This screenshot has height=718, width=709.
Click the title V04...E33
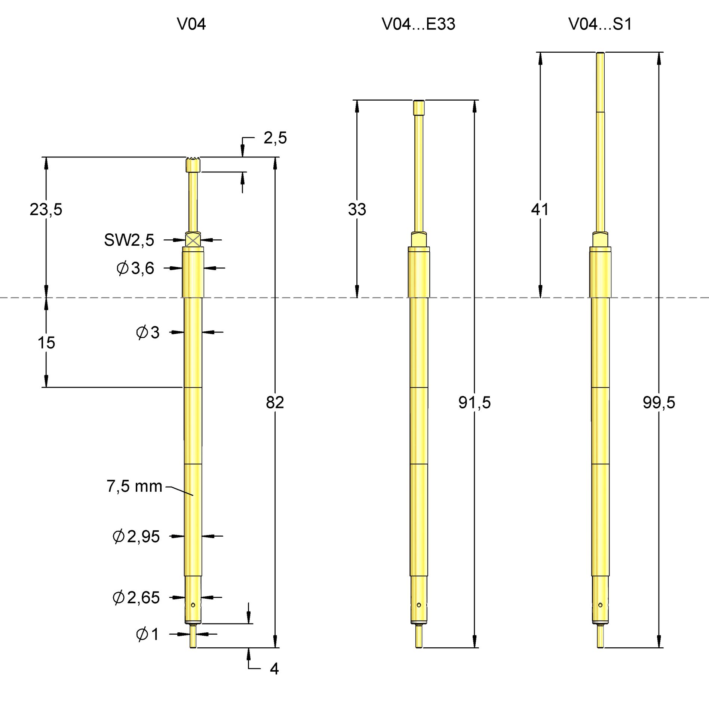tap(418, 24)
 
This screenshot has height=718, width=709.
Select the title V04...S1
tap(600, 24)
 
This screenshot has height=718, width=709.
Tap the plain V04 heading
tap(191, 24)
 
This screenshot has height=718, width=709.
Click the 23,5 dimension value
tap(46, 209)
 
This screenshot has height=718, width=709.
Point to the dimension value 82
tap(275, 403)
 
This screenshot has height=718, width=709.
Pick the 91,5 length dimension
tap(474, 403)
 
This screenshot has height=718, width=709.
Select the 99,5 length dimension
tap(659, 403)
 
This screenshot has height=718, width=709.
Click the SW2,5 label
tap(129, 240)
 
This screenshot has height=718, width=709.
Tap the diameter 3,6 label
tap(135, 268)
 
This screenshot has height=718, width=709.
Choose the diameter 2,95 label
tap(136, 537)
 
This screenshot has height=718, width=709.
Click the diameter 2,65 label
tap(136, 598)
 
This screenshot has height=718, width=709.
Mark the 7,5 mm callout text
tap(134, 487)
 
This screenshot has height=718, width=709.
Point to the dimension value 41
tap(540, 209)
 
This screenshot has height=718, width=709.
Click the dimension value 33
tap(357, 209)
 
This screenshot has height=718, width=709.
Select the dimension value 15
tap(46, 343)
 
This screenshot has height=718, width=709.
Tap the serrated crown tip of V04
tap(193, 165)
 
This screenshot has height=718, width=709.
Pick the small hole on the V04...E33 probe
tap(419, 605)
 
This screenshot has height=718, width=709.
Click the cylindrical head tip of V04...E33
tap(419, 108)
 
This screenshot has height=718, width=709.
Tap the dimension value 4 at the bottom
tap(274, 669)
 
